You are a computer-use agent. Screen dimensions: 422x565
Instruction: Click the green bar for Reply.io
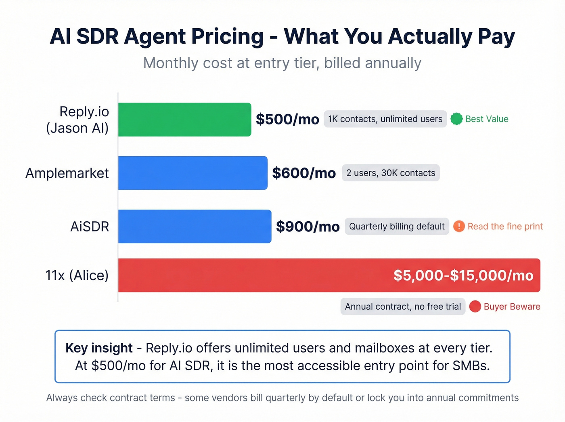(x=184, y=120)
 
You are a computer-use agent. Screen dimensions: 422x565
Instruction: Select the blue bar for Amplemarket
(x=193, y=173)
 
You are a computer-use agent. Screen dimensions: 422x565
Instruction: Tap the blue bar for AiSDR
(x=195, y=226)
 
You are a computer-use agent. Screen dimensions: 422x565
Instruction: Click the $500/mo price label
(x=287, y=120)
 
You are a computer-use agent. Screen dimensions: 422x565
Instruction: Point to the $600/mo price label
(x=304, y=173)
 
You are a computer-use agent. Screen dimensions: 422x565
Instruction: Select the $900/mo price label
(x=308, y=227)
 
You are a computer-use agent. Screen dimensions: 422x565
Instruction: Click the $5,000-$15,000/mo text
(x=463, y=275)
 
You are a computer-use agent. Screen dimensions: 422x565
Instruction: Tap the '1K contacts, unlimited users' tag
(x=385, y=119)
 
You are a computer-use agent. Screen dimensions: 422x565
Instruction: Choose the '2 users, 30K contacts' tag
(x=391, y=173)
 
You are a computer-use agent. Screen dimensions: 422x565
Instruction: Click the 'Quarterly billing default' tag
(x=397, y=227)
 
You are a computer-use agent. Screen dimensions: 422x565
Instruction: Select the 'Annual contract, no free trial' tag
(x=403, y=307)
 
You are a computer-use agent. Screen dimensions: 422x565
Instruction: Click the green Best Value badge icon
(x=456, y=119)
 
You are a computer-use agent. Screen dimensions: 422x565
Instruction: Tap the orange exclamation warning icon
(x=459, y=226)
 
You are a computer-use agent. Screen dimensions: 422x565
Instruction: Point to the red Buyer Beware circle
(x=475, y=307)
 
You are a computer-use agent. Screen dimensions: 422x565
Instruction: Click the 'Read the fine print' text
(x=505, y=227)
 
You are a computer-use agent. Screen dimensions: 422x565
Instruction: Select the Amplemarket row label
(x=67, y=173)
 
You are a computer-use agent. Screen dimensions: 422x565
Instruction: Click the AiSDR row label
(x=90, y=227)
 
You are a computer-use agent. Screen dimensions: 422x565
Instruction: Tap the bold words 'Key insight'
(x=99, y=348)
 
